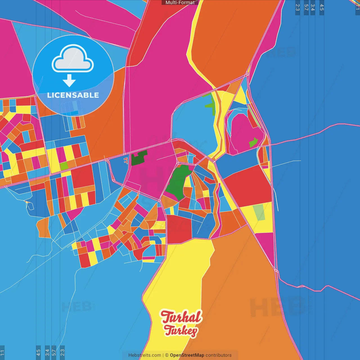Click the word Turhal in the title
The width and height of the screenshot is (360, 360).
181,317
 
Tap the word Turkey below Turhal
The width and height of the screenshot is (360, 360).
181,330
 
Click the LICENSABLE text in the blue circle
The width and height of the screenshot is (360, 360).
73,95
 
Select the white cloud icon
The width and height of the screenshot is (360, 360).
73,58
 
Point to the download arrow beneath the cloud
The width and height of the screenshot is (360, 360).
69,81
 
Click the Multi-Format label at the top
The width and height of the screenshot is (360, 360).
180,3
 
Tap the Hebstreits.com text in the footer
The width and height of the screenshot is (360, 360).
145,355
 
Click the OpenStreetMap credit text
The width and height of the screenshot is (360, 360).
187,355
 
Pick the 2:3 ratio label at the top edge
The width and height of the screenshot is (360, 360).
298,7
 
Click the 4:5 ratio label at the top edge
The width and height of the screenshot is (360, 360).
322,7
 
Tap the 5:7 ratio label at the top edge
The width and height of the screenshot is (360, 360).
306,7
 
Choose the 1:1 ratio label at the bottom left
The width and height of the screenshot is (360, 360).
2,352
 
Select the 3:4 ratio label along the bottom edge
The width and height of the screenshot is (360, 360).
47,352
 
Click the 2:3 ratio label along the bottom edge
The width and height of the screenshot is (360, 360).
62,352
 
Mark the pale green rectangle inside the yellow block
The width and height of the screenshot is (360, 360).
259,213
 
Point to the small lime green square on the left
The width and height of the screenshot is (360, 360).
64,166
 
